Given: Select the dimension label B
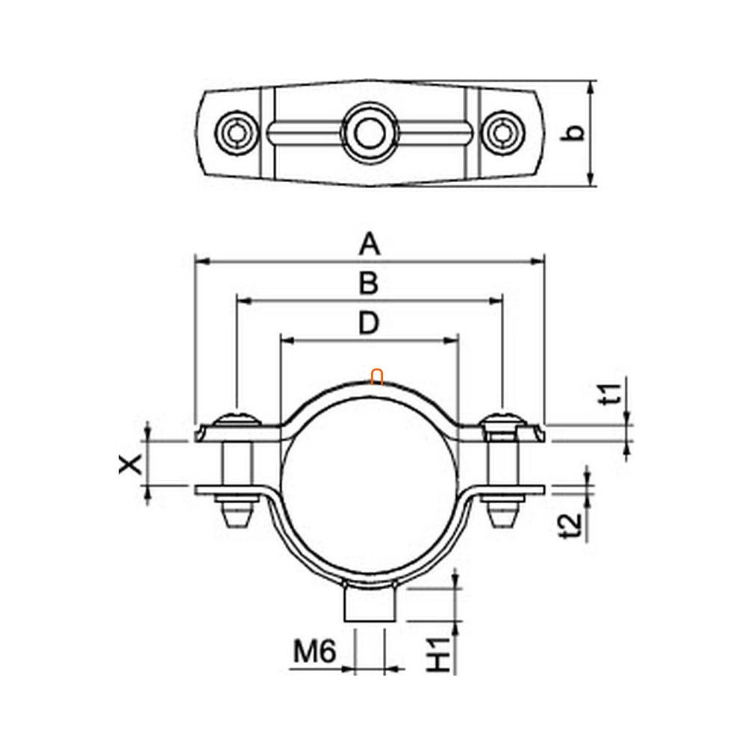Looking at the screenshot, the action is pyautogui.click(x=369, y=283).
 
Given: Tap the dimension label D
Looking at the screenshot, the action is pyautogui.click(x=369, y=323).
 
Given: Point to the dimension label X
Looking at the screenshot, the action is pyautogui.click(x=131, y=464).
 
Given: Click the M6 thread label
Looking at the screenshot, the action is pyautogui.click(x=315, y=652).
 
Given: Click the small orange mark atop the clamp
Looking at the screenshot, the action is pyautogui.click(x=377, y=377).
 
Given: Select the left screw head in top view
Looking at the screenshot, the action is pyautogui.click(x=236, y=133).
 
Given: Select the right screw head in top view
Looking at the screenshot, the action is pyautogui.click(x=503, y=133).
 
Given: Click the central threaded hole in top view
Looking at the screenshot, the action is pyautogui.click(x=370, y=133).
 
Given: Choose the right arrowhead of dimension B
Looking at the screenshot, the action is pyautogui.click(x=495, y=302).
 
